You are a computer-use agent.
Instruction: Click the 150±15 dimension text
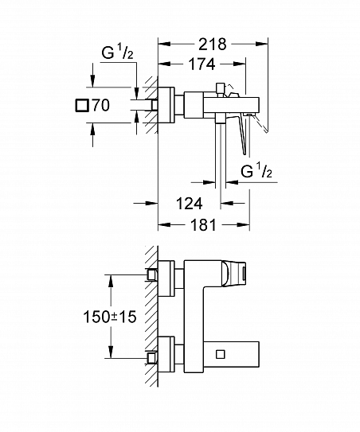(x=110, y=317)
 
